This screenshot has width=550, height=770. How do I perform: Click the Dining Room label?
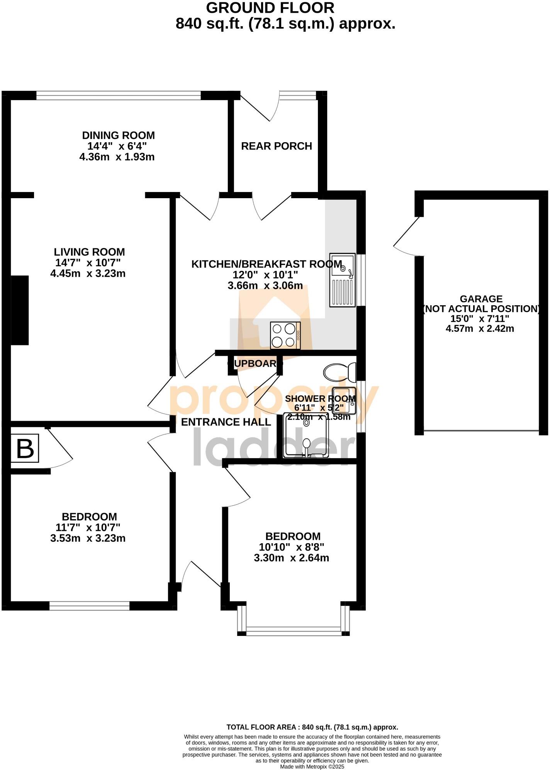click(x=118, y=136)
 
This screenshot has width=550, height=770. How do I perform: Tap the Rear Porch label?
click(x=276, y=146)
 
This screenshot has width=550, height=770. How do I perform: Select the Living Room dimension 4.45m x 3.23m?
click(x=88, y=274)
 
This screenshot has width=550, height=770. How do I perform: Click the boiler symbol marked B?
click(x=25, y=449)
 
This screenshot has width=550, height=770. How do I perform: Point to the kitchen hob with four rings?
click(x=285, y=335)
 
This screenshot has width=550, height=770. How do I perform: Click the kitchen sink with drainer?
click(x=342, y=280)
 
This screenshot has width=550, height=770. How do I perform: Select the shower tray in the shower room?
click(x=306, y=435)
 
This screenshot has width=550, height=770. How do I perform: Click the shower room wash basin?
click(x=344, y=400)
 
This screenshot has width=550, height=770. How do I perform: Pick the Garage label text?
click(x=481, y=299)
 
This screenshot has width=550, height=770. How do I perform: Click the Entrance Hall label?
click(x=226, y=422)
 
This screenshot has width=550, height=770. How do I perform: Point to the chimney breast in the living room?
click(x=20, y=310)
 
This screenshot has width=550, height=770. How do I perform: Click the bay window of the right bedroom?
click(x=294, y=633)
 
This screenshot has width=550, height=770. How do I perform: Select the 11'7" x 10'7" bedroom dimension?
click(x=88, y=527)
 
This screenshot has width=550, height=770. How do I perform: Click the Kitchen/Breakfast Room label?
click(x=267, y=264)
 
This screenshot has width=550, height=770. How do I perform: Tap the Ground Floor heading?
click(x=270, y=8)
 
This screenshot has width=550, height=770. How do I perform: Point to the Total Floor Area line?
click(x=312, y=727)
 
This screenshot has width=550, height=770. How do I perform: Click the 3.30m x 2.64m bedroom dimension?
click(x=292, y=558)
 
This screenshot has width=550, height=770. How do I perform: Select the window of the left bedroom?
click(x=89, y=606)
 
